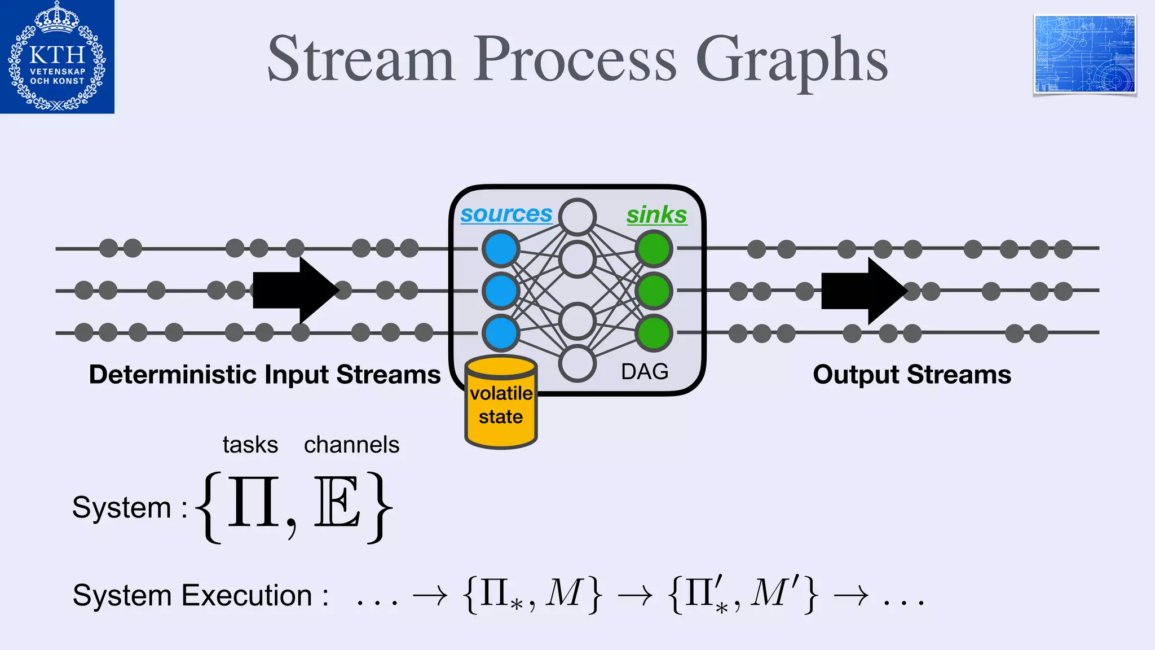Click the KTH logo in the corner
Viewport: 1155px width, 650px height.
coord(57,56)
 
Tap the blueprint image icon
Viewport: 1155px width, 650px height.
coord(1085,55)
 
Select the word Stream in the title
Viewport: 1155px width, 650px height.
coord(361,59)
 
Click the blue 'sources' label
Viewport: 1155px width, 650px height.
coord(506,214)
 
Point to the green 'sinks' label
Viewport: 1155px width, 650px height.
coord(656,215)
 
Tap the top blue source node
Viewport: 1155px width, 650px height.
coord(500,248)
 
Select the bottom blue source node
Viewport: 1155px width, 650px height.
coord(500,333)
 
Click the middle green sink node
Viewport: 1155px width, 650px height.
coord(654,291)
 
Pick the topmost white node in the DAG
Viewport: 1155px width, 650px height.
coord(577,217)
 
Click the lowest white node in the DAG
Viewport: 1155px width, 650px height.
coord(577,363)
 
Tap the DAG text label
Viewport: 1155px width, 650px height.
coord(645,372)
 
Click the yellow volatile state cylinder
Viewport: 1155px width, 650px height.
coord(501,404)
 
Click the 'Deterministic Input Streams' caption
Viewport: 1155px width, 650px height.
coord(264,375)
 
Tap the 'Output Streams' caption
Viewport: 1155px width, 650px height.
coord(912,375)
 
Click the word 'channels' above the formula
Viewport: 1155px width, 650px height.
coord(351,445)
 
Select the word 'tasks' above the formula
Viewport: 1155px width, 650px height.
coord(250,445)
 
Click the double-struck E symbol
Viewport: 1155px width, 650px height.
coord(337,502)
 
